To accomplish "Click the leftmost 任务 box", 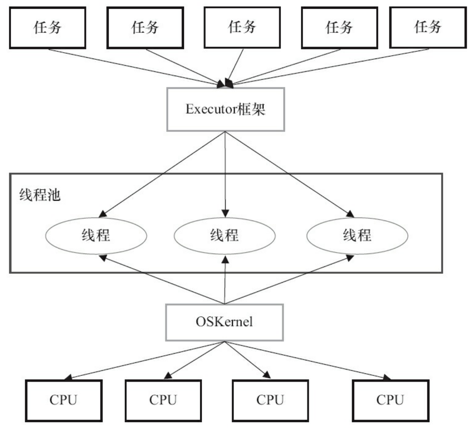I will pos(47,28).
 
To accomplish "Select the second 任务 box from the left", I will pos(145,28).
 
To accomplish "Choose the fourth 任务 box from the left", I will pos(339,28).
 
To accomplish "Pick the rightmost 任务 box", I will pos(428,27).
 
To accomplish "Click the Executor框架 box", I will pos(226,109).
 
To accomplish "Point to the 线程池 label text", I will pos(40,195).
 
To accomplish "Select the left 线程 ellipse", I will pos(96,236).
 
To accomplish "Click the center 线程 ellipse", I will pos(225,236).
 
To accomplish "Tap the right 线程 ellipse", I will pos(357,236).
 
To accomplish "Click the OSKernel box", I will pos(224,322).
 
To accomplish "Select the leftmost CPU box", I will pos(64,400).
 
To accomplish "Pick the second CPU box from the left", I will pos(163,400).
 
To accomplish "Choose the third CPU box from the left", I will pos(270,400).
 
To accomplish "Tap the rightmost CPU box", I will pos(390,400).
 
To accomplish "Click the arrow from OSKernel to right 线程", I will pos(291,280).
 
